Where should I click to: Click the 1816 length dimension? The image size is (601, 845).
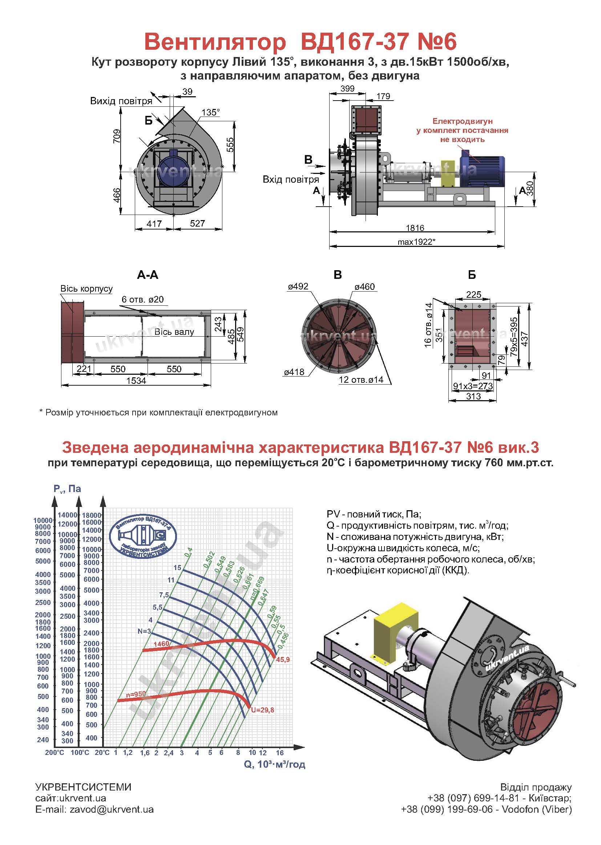click(415, 228)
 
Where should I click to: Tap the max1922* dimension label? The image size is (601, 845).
click(416, 242)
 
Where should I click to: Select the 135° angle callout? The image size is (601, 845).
click(211, 112)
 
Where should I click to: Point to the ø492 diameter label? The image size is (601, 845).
click(298, 287)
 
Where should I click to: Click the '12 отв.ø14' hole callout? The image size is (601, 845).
click(361, 379)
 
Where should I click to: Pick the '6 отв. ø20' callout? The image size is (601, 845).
click(142, 299)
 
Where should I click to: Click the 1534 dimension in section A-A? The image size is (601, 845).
click(136, 381)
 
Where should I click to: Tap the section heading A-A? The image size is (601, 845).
click(148, 275)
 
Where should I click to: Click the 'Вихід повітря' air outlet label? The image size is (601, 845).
click(121, 101)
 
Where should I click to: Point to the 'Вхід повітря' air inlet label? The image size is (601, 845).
click(291, 180)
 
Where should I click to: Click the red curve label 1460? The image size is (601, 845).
click(161, 644)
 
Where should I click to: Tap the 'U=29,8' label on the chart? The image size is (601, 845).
click(262, 710)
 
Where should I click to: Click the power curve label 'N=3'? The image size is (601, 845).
click(144, 631)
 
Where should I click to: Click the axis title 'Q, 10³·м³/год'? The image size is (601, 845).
click(275, 764)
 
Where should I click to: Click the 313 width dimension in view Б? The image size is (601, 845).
click(473, 397)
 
